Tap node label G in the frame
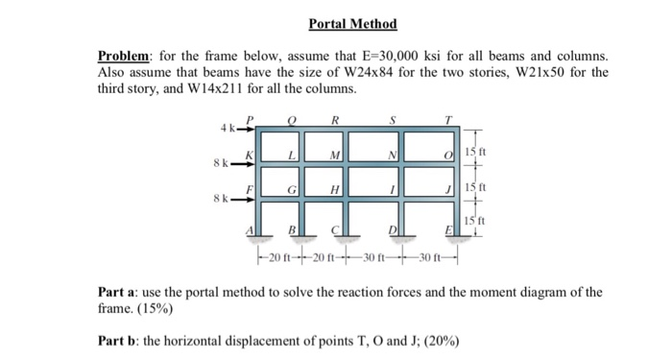[292, 191]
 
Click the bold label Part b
[121, 341]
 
